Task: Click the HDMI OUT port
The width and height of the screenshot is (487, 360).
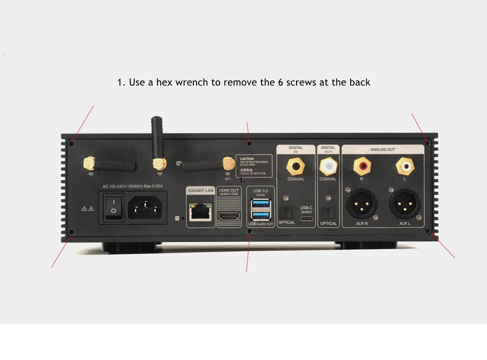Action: pyautogui.click(x=228, y=215)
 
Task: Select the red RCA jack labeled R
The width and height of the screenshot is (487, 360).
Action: pyautogui.click(x=361, y=167)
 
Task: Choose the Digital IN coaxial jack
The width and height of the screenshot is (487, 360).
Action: pyautogui.click(x=296, y=166)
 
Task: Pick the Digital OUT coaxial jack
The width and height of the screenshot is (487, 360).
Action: pyautogui.click(x=327, y=167)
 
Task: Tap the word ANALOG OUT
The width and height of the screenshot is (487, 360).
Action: pyautogui.click(x=382, y=150)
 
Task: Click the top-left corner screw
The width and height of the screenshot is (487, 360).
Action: pyautogui.click(x=73, y=142)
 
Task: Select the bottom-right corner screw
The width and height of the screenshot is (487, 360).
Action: pyautogui.click(x=428, y=231)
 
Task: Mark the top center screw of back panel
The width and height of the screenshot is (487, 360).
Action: pyautogui.click(x=250, y=143)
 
